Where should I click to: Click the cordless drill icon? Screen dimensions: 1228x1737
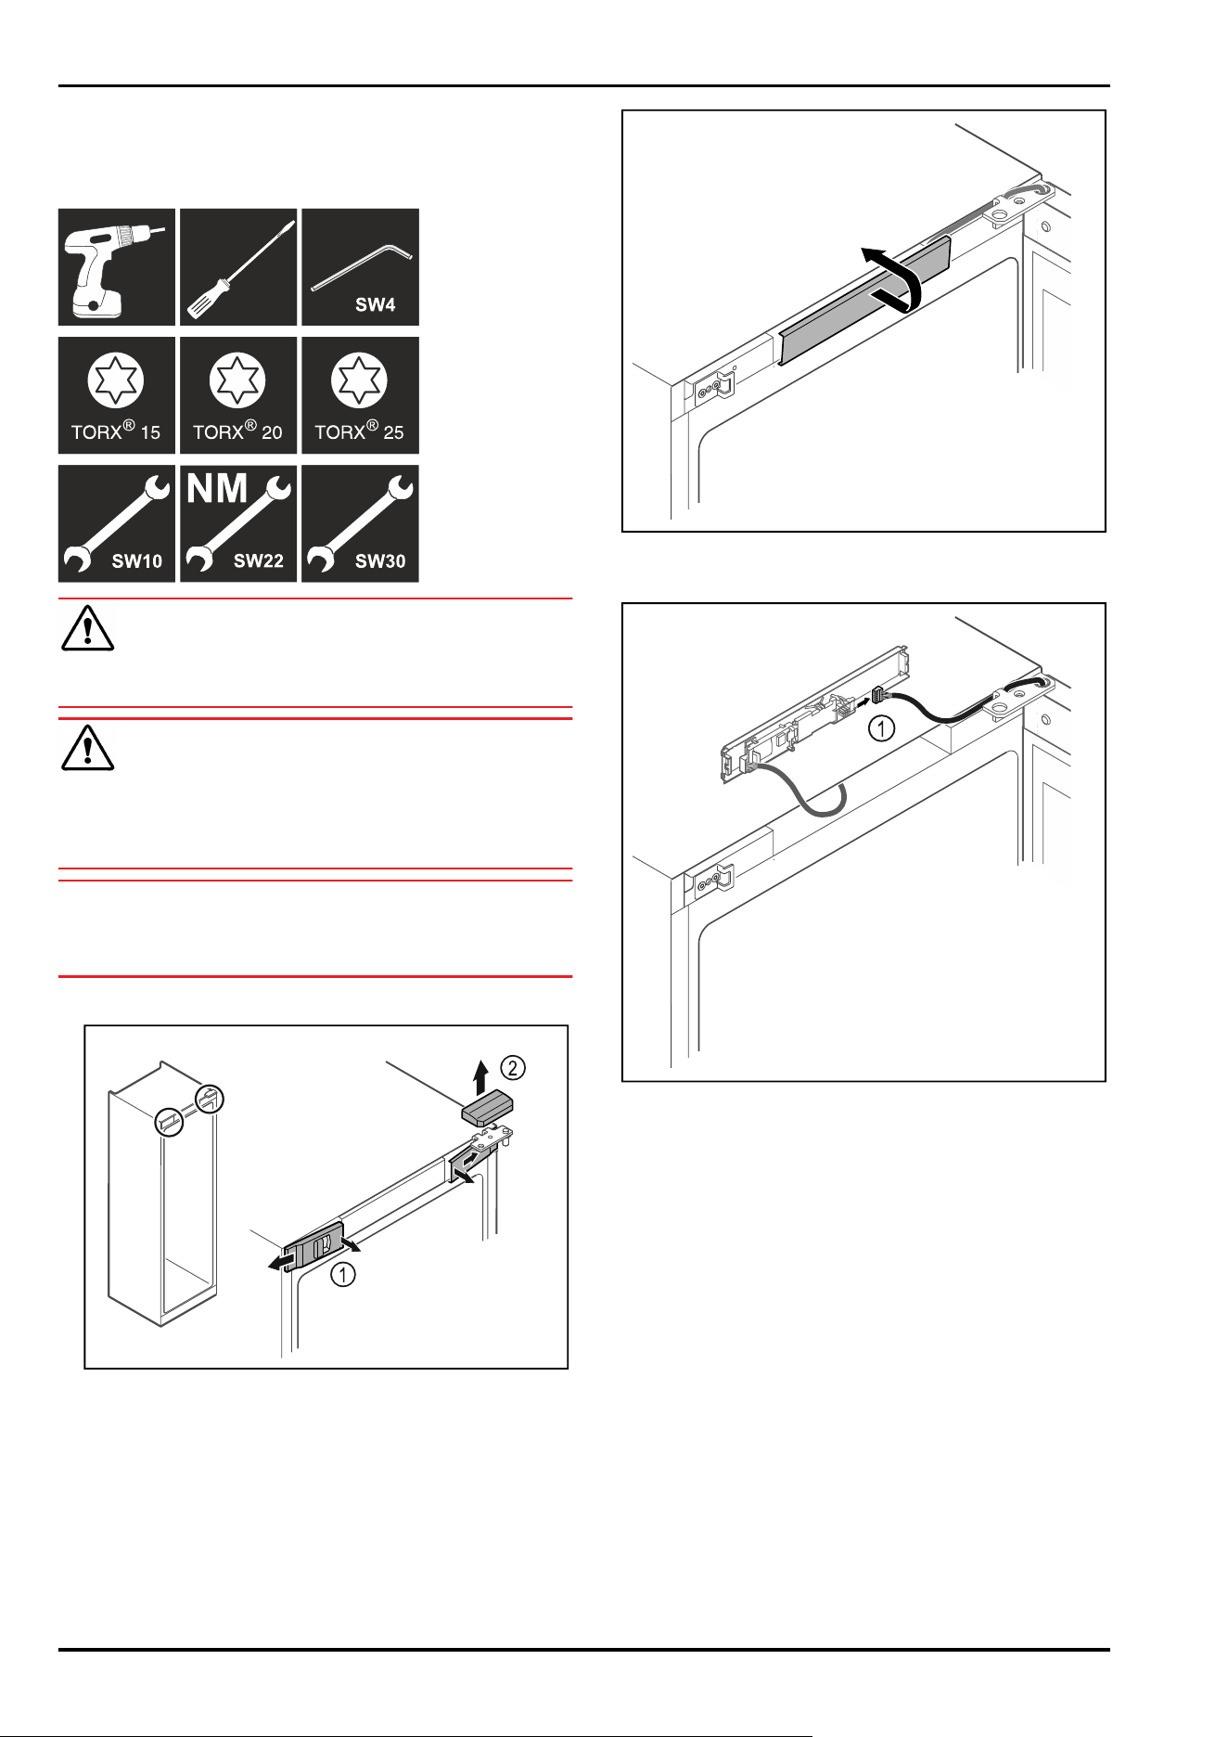point(117,267)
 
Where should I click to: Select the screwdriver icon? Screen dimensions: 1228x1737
point(238,267)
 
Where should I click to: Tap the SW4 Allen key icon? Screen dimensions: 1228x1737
point(360,267)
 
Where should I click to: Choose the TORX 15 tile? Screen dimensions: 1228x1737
point(117,395)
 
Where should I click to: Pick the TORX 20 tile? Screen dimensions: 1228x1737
point(238,395)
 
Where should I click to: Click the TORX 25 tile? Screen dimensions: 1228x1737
point(360,395)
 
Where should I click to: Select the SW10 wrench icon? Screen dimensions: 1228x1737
point(117,523)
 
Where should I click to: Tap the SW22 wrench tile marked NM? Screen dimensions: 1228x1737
point(238,523)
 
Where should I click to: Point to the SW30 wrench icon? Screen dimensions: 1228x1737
point(360,523)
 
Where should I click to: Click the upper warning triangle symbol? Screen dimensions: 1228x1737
point(87,628)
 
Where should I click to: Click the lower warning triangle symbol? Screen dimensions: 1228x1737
point(87,748)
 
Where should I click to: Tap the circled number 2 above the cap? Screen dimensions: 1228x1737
point(512,1067)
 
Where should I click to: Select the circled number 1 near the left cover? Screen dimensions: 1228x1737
point(343,1275)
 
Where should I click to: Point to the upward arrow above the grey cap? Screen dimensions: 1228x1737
point(480,1078)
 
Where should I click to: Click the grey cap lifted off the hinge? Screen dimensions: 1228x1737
point(489,1108)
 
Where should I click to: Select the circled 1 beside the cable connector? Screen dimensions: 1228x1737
point(881,728)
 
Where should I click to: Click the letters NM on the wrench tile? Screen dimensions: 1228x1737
point(218,488)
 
